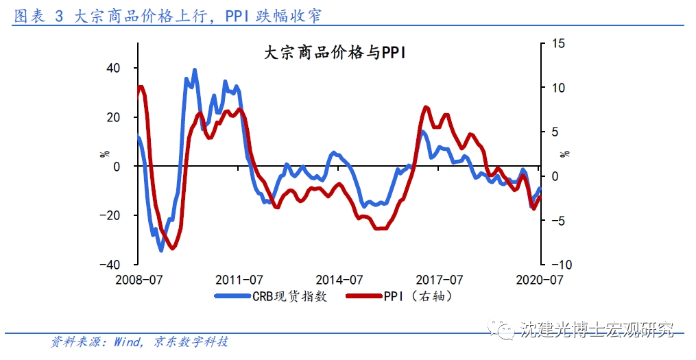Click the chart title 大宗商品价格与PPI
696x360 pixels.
point(335,53)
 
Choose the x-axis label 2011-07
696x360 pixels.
point(239,280)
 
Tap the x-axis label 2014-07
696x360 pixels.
point(339,280)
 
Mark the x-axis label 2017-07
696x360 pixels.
point(439,280)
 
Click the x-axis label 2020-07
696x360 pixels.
point(539,280)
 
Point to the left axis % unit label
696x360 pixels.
point(105,154)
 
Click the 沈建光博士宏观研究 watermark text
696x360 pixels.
point(597,329)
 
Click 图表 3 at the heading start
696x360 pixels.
point(38,15)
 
